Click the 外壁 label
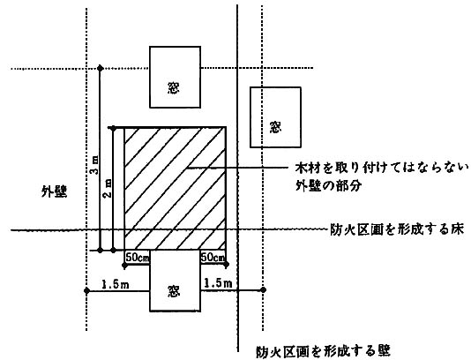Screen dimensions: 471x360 coord(55,191)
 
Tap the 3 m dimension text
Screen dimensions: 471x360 coord(94,165)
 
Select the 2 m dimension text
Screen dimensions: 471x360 coord(108,189)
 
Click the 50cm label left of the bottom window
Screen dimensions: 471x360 coord(138,258)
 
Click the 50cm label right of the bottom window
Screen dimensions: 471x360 coord(213,258)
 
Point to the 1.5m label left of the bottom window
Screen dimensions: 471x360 coord(116,284)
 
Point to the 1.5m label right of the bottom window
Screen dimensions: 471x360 coord(219,282)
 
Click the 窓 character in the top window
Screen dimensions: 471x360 coord(174,87)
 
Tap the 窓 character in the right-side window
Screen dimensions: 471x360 coord(275,127)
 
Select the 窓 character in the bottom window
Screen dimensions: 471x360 coord(174,291)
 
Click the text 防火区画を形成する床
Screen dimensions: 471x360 coord(397,229)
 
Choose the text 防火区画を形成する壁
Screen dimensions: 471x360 coord(323,351)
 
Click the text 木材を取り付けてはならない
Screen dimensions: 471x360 coord(382,168)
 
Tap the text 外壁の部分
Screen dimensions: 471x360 coord(328,186)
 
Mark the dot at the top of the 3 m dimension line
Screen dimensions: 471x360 coord(101,69)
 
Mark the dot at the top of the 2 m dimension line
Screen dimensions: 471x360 coord(113,129)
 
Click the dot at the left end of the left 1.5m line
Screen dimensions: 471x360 coord(86,290)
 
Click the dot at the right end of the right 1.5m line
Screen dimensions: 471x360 coord(263,289)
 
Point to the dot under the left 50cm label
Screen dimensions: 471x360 coord(124,265)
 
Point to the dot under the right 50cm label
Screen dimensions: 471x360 coord(226,265)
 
